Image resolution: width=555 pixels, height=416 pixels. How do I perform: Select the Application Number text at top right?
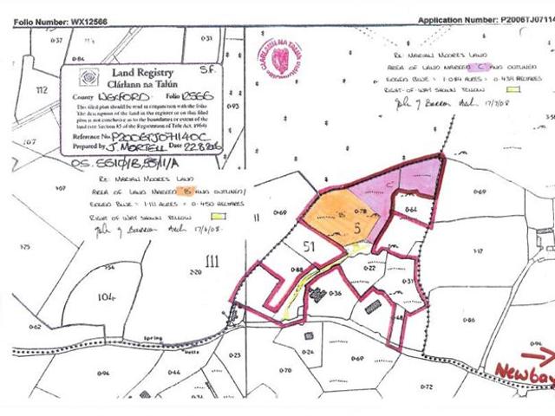tap(486, 19)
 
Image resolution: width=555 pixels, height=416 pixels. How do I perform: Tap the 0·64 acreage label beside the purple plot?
tap(411, 210)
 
